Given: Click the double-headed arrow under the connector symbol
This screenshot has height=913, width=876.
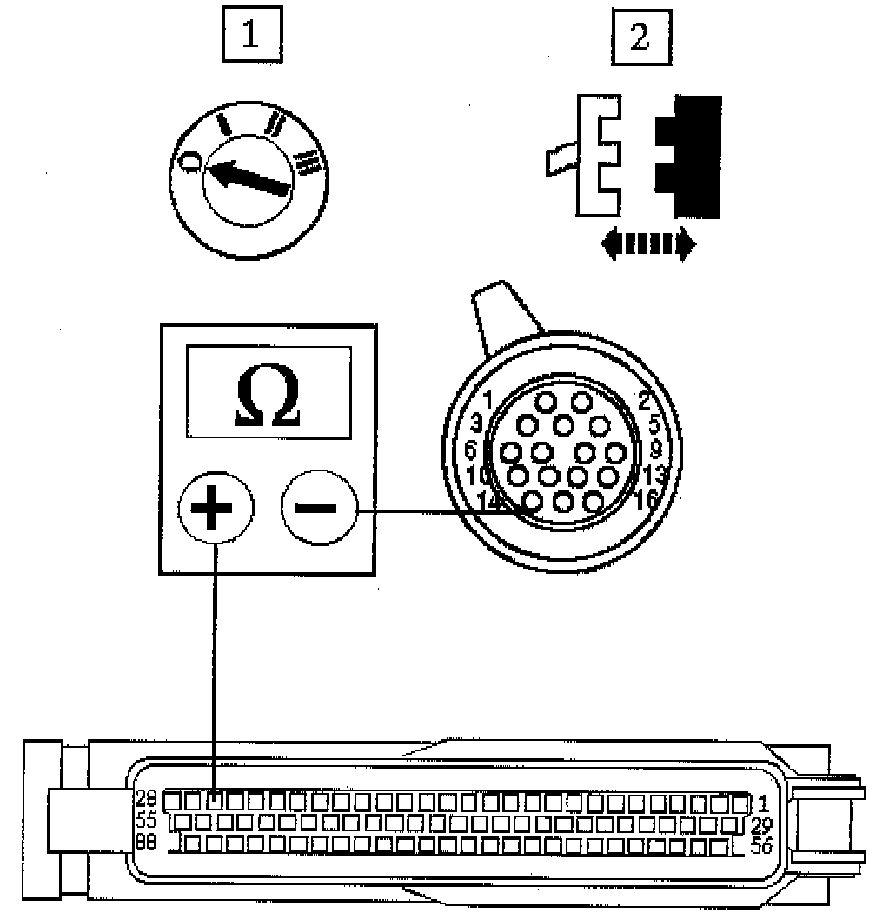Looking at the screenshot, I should pos(648,244).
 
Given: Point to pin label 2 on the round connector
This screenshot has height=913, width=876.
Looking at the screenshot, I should pos(644,401).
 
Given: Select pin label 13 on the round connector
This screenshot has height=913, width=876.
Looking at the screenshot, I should pos(656,475).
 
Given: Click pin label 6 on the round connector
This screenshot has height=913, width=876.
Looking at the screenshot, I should pos(470,451).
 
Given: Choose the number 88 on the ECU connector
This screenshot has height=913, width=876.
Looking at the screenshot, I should pos(146,842).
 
